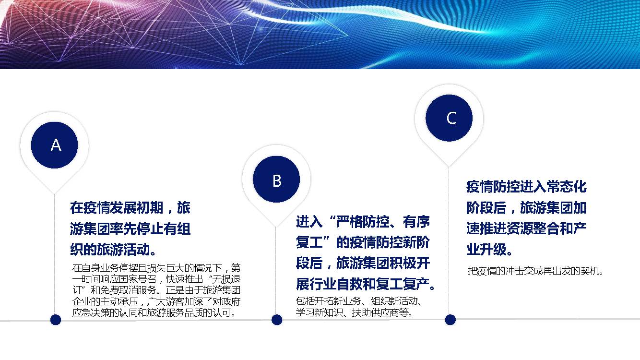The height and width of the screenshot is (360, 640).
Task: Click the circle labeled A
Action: pos(54,145)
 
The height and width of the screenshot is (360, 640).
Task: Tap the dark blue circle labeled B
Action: pos(276,180)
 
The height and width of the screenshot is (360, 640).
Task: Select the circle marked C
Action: pos(449,118)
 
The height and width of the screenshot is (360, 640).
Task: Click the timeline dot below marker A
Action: pos(56,320)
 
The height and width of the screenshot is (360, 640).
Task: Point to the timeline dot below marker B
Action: pos(276,320)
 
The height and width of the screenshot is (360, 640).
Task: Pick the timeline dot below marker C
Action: pos(450,320)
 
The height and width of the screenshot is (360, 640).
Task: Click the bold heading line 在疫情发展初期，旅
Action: pos(130,207)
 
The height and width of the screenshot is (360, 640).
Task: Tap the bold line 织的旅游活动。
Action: pos(113,249)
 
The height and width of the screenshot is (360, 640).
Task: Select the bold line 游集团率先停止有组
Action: pos(130,228)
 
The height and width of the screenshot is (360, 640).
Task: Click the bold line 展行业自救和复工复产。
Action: pos(365,284)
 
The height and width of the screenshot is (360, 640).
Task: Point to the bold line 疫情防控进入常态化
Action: pos(526,187)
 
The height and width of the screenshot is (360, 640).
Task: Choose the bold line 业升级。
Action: pos(489,249)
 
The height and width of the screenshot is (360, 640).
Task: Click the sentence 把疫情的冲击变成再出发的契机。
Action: pos(535,271)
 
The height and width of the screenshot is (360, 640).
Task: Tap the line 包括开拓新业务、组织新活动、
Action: pos(359,301)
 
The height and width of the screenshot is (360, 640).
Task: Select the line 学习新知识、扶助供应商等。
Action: pos(355,312)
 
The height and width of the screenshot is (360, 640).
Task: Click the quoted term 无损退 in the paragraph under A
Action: pos(226,279)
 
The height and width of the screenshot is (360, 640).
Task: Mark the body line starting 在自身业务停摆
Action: pos(156,268)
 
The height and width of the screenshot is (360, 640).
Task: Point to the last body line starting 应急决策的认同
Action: pos(154,312)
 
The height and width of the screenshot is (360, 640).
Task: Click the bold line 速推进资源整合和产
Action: pos(526,228)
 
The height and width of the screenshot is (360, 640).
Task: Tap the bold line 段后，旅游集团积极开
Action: pos(363,263)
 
